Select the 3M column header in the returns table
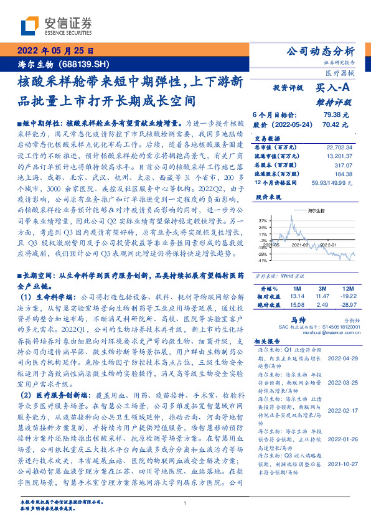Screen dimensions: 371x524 323,289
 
